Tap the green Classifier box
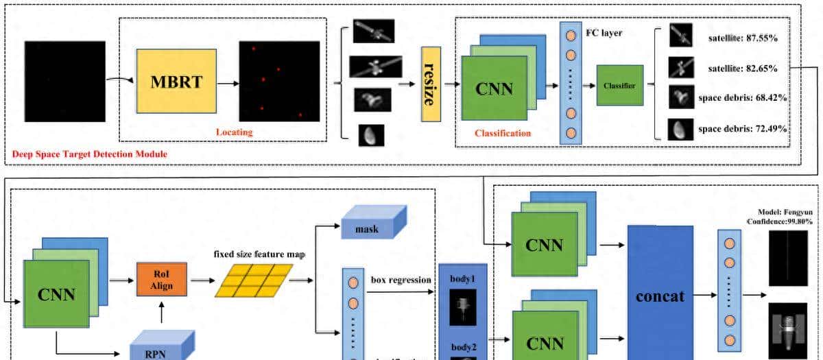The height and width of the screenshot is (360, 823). click(x=619, y=86)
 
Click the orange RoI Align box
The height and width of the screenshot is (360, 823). click(x=162, y=280)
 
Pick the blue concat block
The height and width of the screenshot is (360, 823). click(x=660, y=297)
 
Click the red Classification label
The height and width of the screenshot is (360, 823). click(x=503, y=133)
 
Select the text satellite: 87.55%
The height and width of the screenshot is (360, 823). click(x=743, y=38)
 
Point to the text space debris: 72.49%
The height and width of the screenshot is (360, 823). click(x=742, y=128)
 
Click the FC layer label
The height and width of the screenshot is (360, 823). click(x=604, y=32)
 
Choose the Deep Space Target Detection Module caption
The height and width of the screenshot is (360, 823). click(x=90, y=154)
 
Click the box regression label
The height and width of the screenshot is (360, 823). click(x=401, y=280)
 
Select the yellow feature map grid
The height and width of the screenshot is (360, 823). click(x=254, y=280)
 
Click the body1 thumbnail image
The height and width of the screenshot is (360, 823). click(x=458, y=307)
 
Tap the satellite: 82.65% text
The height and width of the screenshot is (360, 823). click(x=743, y=69)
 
